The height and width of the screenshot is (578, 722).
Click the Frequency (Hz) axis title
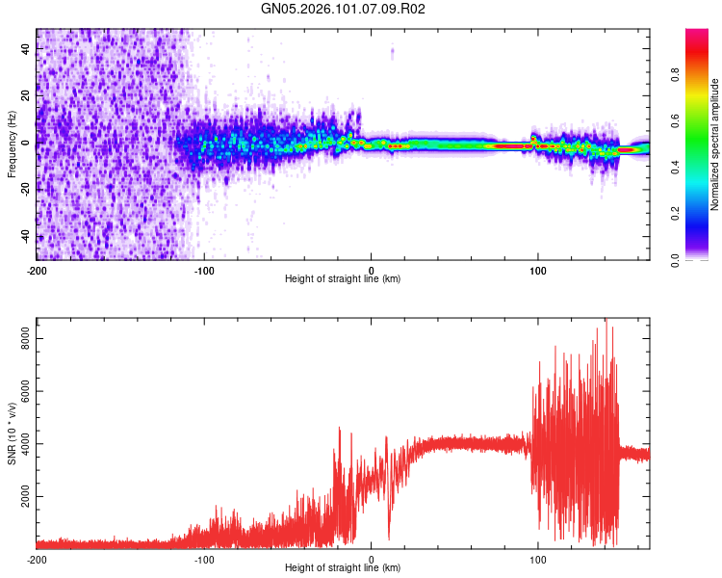tap(12, 144)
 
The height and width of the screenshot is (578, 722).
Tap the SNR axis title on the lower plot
tap(12, 433)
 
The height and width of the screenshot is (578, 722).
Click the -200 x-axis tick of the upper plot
tap(37, 270)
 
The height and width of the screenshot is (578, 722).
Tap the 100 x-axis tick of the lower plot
tap(538, 559)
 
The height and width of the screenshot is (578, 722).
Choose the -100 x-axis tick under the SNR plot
tap(204, 559)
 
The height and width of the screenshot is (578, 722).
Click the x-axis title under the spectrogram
tap(343, 279)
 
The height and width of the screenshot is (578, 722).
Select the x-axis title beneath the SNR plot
tap(343, 568)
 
